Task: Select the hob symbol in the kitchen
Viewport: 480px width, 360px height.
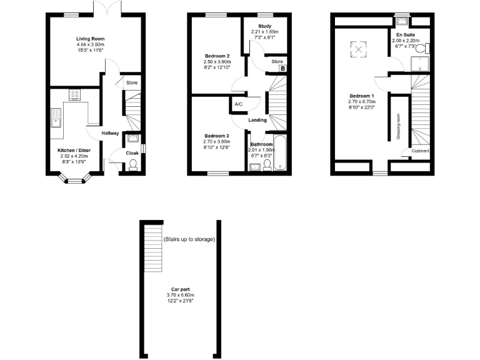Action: pos(75,95)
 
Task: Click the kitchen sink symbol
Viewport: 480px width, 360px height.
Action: pos(55,117)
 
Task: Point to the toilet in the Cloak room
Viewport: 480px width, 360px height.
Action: pos(132,165)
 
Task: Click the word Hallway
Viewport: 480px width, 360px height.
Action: pos(111,133)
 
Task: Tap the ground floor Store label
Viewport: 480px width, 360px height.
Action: pos(131,82)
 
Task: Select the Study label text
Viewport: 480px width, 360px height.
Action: pos(264,26)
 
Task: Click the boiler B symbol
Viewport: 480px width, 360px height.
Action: pos(282,69)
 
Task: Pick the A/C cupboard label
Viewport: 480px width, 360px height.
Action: pos(238,105)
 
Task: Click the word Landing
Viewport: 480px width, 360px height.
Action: pos(257,120)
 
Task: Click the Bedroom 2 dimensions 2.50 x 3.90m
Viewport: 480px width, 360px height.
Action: pos(217,62)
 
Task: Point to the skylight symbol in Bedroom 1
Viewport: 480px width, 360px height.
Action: pos(358,47)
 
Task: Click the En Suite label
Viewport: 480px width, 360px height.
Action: pos(404,35)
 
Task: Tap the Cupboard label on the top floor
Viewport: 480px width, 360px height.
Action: pos(420,151)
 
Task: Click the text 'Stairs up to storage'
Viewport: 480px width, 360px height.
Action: pos(189,239)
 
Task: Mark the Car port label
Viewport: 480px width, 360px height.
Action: pos(180,290)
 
